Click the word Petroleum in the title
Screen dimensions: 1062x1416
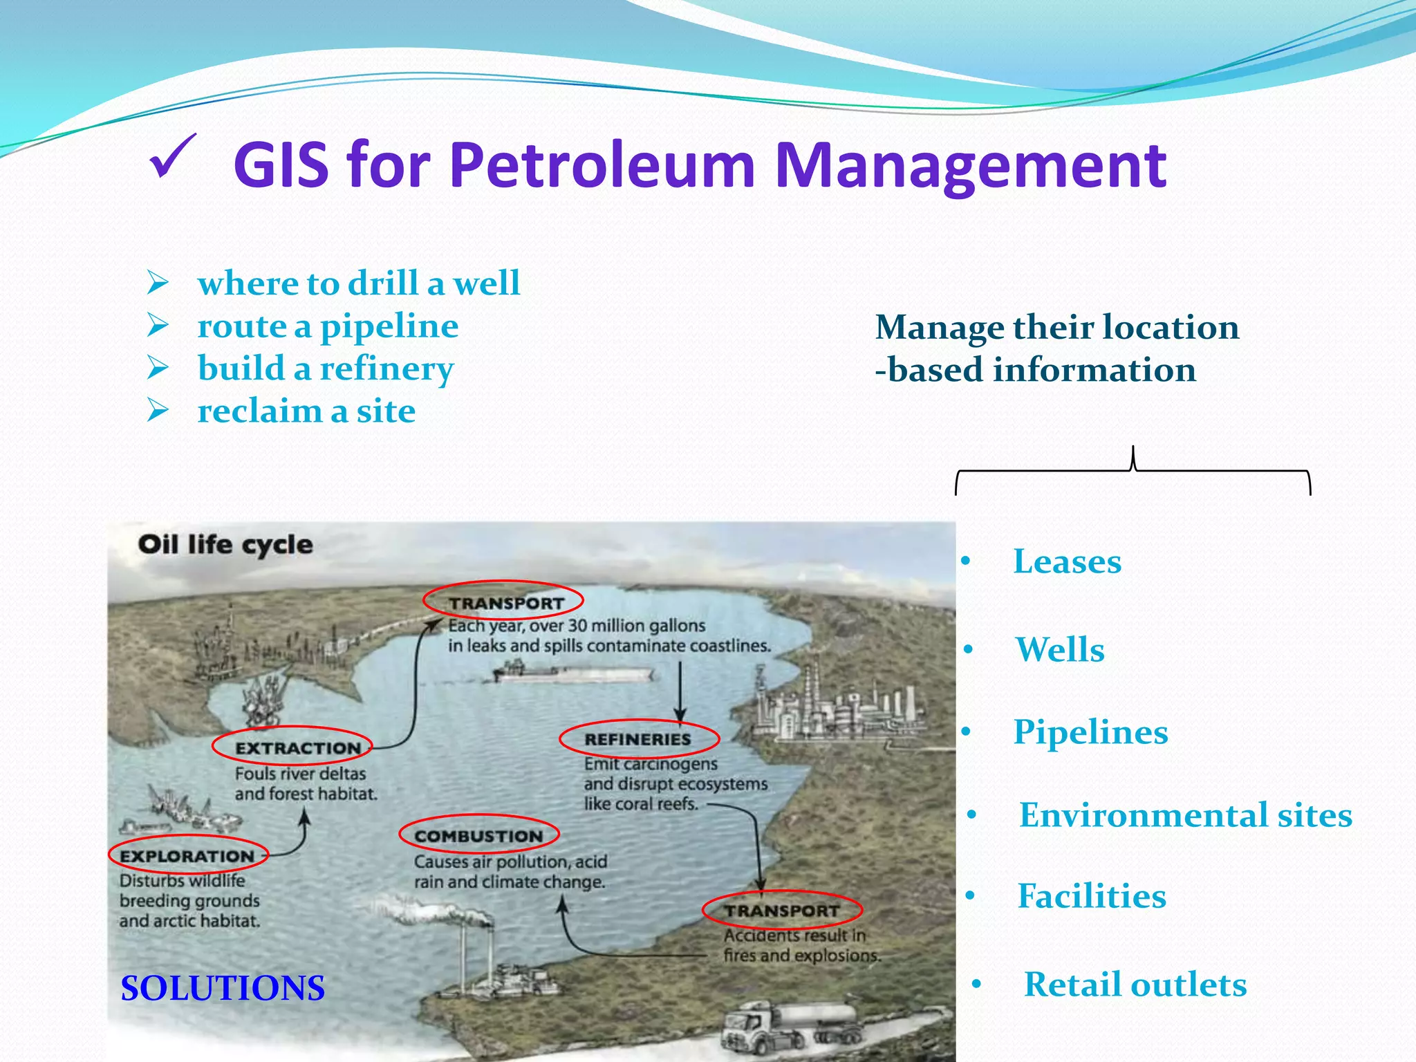click(602, 166)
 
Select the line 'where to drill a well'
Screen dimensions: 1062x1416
click(358, 283)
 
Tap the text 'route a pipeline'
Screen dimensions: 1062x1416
click(328, 326)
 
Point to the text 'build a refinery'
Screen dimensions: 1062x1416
click(326, 369)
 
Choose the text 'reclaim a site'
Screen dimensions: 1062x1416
click(306, 411)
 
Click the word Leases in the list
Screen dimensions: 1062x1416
click(1067, 561)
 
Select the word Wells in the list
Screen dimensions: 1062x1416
click(1060, 650)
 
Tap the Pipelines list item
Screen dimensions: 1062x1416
click(1090, 732)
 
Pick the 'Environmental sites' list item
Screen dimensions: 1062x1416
click(1185, 815)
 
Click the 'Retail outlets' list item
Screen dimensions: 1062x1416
click(1135, 985)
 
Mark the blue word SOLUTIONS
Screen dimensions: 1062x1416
click(223, 988)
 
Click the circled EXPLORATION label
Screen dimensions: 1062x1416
click(188, 856)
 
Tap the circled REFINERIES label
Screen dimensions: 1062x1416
click(638, 739)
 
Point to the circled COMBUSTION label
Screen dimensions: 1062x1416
click(478, 836)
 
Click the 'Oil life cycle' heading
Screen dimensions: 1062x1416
click(225, 545)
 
